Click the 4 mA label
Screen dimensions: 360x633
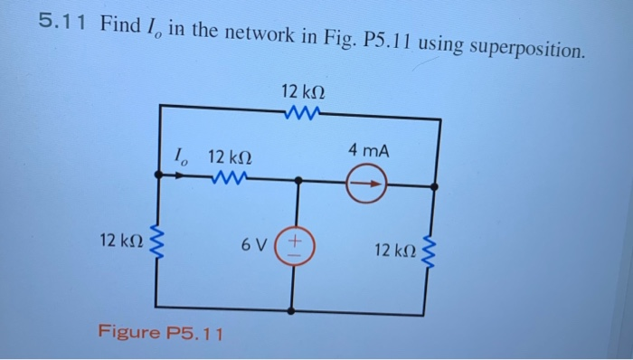(x=369, y=150)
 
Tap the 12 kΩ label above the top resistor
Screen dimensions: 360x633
(x=303, y=91)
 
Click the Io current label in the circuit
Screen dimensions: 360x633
(x=181, y=156)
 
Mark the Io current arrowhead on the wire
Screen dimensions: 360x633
(x=184, y=177)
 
